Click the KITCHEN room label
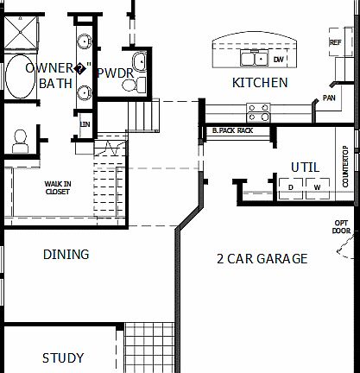pyautogui.click(x=260, y=83)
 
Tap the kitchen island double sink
pyautogui.click(x=255, y=59)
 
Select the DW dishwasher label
pyautogui.click(x=278, y=60)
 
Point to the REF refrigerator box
pyautogui.click(x=336, y=42)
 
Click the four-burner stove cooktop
pyautogui.click(x=257, y=111)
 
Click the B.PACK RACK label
pyautogui.click(x=232, y=130)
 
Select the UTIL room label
pyautogui.click(x=306, y=167)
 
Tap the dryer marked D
pyautogui.click(x=291, y=186)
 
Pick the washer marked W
pyautogui.click(x=317, y=186)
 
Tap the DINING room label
pyautogui.click(x=66, y=255)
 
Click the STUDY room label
pyautogui.click(x=63, y=357)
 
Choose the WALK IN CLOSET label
pyautogui.click(x=58, y=187)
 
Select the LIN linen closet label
pyautogui.click(x=85, y=124)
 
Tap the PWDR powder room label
pyautogui.click(x=115, y=73)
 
